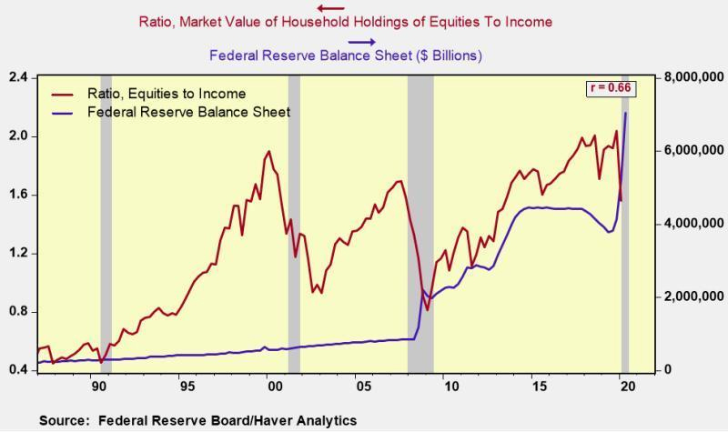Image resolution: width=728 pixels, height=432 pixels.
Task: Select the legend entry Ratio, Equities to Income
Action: (167, 94)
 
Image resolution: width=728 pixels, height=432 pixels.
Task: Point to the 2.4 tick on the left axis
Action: (18, 77)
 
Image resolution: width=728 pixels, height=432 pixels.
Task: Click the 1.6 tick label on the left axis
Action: (18, 195)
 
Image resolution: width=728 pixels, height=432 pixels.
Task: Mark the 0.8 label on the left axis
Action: (18, 312)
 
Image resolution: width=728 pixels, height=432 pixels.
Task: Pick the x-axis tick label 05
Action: (358, 386)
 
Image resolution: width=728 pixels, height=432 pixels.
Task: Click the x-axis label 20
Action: (617, 386)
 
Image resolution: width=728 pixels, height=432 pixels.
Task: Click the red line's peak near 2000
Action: (269, 151)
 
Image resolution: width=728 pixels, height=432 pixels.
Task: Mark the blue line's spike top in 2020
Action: (625, 113)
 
